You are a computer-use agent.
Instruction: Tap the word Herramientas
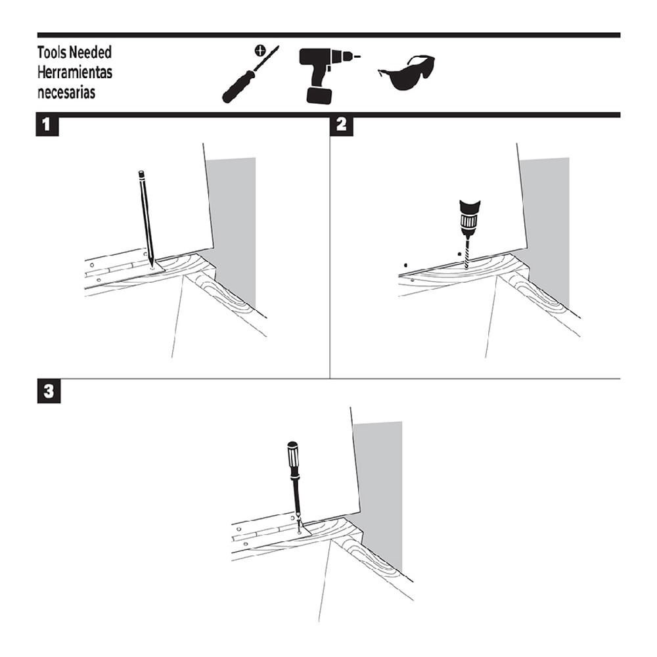click(x=74, y=72)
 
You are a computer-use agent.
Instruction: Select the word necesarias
click(x=66, y=92)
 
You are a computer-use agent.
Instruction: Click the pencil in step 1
click(x=145, y=217)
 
